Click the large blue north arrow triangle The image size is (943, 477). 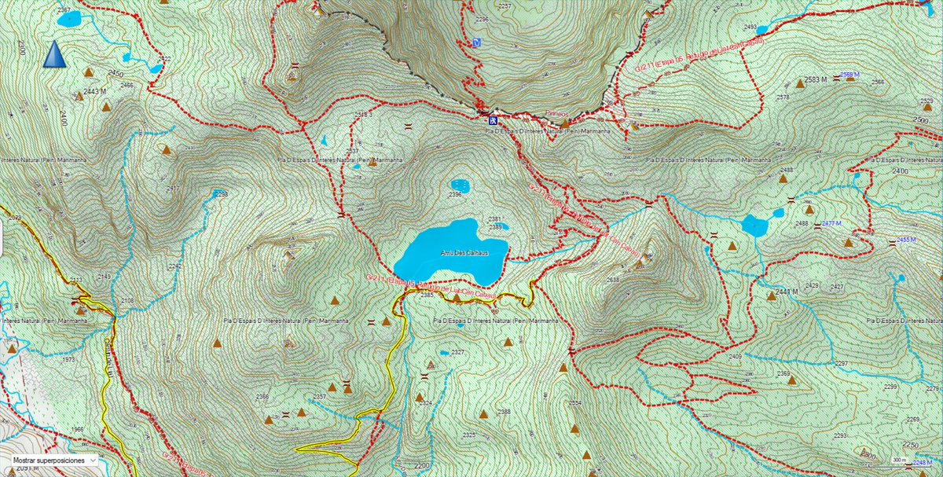click(x=54, y=55)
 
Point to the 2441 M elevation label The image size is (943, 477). click(x=787, y=292)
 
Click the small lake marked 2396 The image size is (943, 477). click(x=460, y=185)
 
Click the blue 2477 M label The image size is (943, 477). click(x=831, y=224)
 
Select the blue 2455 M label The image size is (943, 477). click(x=910, y=239)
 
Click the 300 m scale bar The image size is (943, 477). click(x=900, y=460)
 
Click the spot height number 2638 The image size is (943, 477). click(x=614, y=279)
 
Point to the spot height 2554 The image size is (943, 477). click(x=574, y=403)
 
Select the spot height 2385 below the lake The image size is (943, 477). click(x=427, y=295)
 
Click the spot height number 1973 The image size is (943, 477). click(x=68, y=360)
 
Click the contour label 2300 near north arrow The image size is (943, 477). click(x=21, y=49)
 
